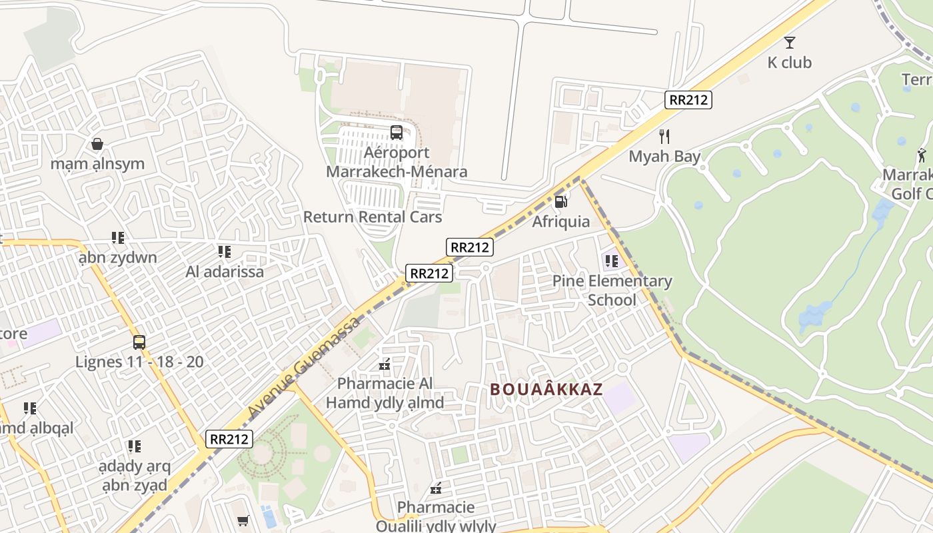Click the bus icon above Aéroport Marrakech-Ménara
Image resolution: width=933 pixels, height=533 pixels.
[397, 133]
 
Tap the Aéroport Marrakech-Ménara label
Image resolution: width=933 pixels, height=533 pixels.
[397, 163]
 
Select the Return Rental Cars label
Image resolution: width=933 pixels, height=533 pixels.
[373, 217]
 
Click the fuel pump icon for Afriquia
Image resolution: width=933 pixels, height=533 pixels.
[561, 201]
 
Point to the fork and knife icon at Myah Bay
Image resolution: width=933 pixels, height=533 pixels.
[664, 137]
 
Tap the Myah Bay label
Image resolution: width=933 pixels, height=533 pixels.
[664, 157]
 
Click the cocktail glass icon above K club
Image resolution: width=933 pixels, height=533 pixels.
[790, 43]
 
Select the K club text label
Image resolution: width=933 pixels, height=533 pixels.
[790, 63]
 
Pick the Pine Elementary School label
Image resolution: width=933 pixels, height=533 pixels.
[612, 290]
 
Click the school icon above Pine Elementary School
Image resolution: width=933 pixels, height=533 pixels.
[611, 261]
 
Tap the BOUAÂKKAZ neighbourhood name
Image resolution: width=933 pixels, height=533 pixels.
[546, 390]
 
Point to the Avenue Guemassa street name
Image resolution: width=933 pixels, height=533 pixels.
[304, 368]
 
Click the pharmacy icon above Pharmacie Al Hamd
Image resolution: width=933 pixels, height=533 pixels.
[385, 364]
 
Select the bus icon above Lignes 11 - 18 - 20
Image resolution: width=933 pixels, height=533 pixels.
[139, 342]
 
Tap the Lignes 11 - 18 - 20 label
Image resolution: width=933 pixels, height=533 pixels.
[139, 362]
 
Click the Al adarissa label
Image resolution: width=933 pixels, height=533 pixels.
[225, 272]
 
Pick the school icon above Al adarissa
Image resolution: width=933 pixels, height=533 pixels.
[225, 252]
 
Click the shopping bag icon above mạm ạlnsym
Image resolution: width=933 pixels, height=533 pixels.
[97, 144]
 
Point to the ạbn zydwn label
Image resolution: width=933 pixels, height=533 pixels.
[118, 258]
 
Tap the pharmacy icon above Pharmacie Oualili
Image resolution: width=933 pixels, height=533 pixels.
[436, 489]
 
